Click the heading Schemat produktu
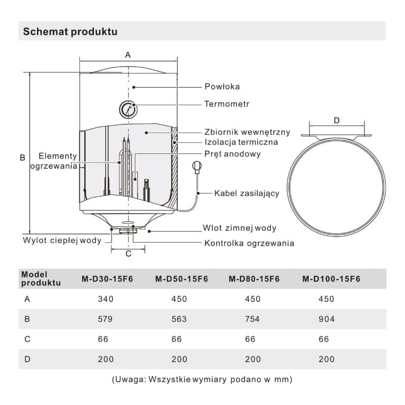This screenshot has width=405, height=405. point(70,32)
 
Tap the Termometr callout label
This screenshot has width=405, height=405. point(227,104)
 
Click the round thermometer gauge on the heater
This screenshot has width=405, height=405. point(128,108)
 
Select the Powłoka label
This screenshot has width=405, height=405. point(222,87)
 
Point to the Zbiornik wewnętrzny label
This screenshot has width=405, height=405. point(247,132)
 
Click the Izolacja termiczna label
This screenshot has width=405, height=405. point(241,143)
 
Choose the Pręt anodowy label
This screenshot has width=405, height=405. point(232,154)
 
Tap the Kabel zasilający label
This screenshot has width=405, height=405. point(247,193)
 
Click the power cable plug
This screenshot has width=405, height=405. point(196,166)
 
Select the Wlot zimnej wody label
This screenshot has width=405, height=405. point(239,228)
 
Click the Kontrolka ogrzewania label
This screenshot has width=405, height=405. point(249,244)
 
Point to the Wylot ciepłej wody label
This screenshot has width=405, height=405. point(62,239)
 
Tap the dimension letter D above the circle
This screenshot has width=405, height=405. point(337,120)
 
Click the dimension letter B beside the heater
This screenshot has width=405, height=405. point(22,157)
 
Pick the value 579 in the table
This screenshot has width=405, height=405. point(105,319)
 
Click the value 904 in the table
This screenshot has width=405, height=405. point(327,319)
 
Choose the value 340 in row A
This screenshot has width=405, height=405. point(105,299)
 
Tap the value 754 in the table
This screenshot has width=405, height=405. point(252,319)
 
